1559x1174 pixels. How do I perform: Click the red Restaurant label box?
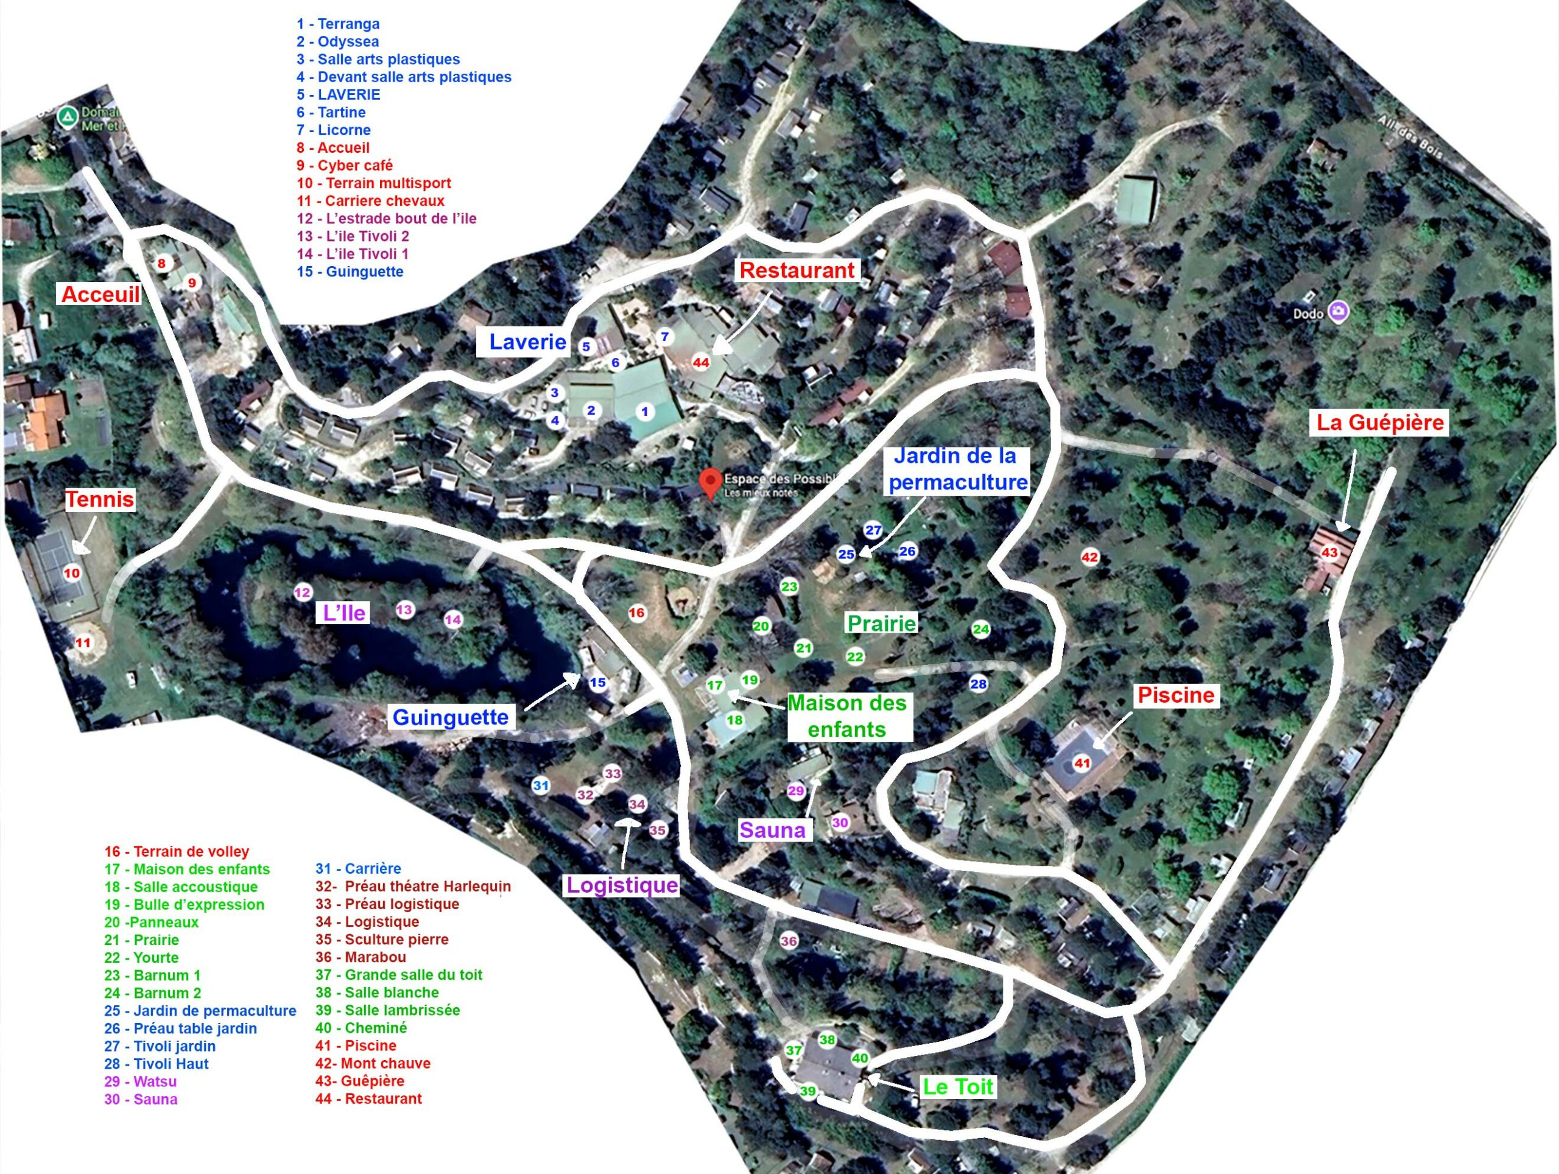[797, 270]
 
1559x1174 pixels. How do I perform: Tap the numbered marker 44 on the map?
[700, 363]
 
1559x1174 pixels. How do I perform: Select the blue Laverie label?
[527, 342]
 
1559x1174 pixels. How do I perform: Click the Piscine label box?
[1175, 695]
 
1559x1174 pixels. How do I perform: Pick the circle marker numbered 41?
[1082, 762]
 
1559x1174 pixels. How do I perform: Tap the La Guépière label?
[1380, 422]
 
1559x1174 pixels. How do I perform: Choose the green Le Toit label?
[958, 1086]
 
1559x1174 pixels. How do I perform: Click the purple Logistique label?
[622, 885]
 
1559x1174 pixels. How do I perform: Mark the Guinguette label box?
[451, 717]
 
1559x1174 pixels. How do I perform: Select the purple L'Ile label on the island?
[344, 613]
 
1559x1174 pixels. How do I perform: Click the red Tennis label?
[99, 499]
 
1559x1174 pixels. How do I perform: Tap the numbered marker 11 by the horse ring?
[83, 642]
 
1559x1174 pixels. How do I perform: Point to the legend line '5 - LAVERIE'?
[339, 94]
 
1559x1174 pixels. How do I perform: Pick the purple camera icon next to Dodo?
[1338, 311]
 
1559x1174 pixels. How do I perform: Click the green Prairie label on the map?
[881, 623]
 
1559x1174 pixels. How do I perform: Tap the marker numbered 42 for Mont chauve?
[1089, 557]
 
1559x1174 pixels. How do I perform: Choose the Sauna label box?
[772, 829]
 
